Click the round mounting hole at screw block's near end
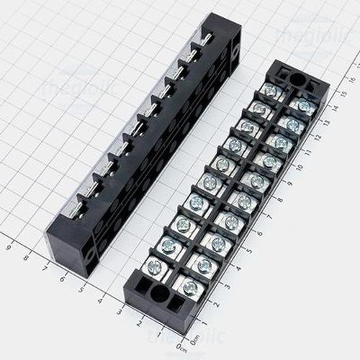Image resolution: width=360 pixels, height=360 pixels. tap(159, 294)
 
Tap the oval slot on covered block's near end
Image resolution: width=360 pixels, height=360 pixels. tap(90, 254)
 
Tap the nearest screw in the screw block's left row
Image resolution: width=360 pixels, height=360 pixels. tap(154, 267)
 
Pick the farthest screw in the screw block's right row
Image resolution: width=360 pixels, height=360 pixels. tap(303, 106)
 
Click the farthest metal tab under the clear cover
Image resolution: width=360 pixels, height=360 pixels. tap(206, 40)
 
